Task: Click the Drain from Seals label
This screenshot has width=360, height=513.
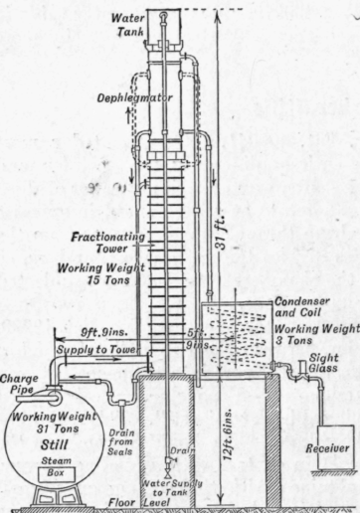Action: tap(126, 441)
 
